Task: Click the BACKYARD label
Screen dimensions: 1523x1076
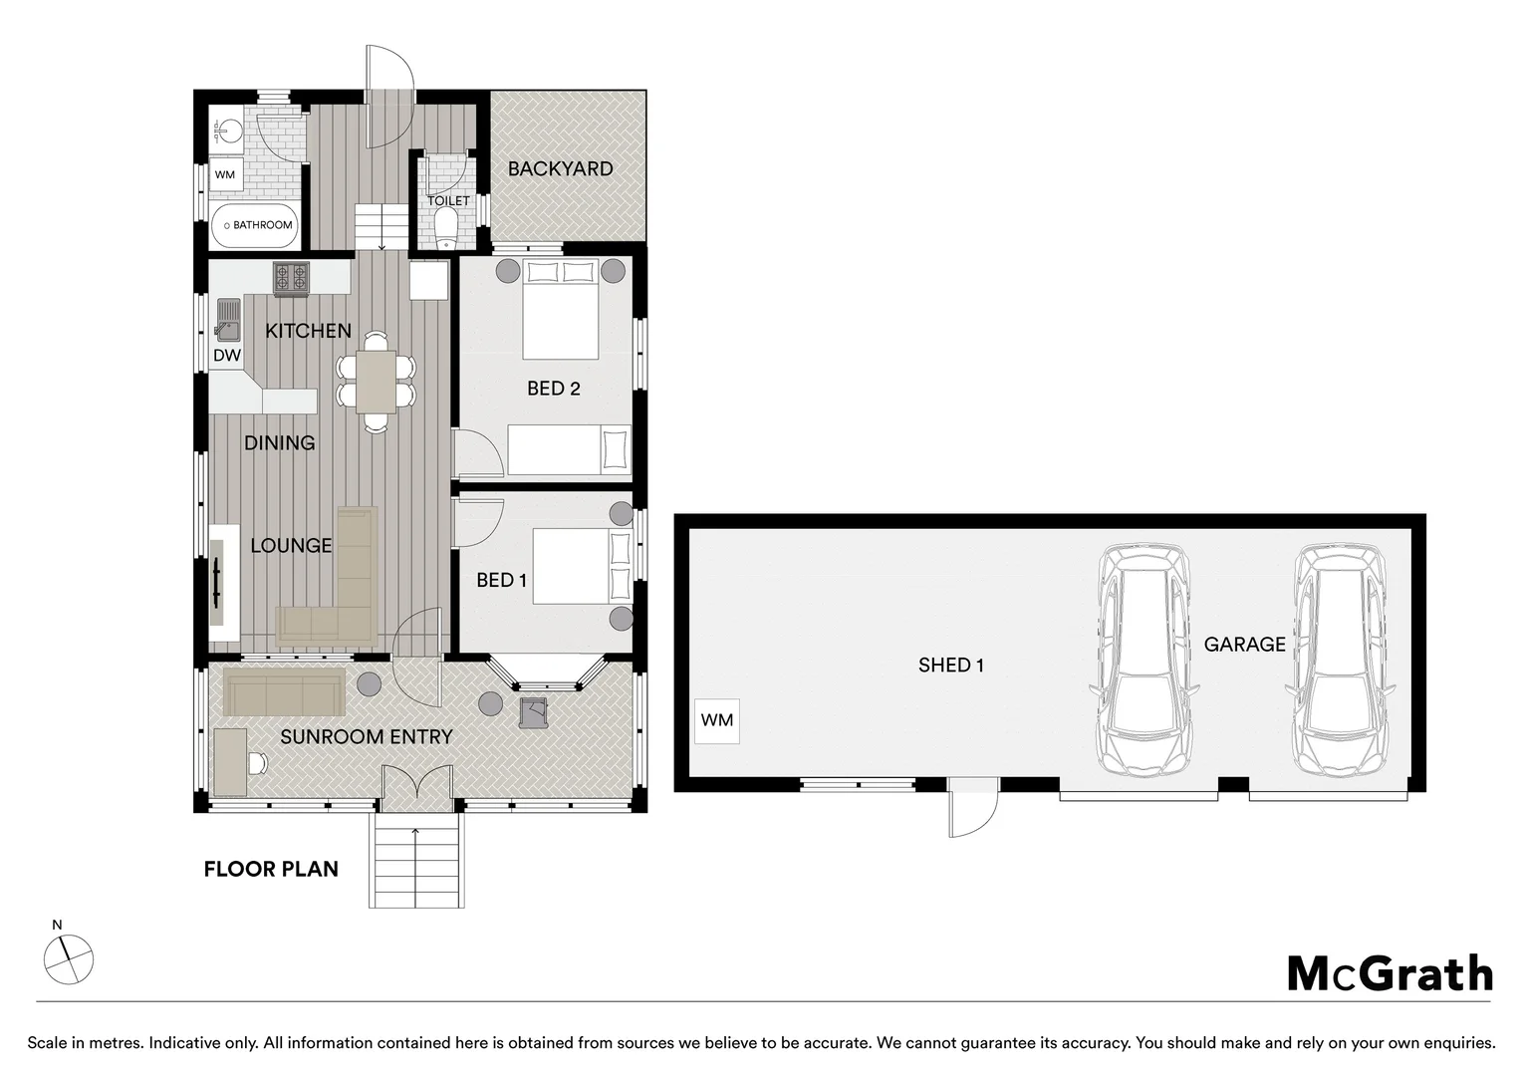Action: pyautogui.click(x=560, y=168)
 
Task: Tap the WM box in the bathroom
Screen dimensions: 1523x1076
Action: pyautogui.click(x=225, y=174)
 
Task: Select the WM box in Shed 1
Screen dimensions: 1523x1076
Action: pyautogui.click(x=716, y=720)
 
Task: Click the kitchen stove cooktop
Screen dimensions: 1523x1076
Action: pyautogui.click(x=291, y=279)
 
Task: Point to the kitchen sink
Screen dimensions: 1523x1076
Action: pyautogui.click(x=228, y=320)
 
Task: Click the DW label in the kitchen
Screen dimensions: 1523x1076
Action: pyautogui.click(x=227, y=355)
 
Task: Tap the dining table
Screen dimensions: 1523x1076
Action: pyautogui.click(x=376, y=382)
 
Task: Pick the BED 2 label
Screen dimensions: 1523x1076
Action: pyautogui.click(x=554, y=389)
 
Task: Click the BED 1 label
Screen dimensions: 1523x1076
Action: pyautogui.click(x=501, y=580)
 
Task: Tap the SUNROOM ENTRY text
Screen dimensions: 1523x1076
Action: pyautogui.click(x=366, y=736)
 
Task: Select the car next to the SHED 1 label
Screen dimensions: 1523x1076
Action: pyautogui.click(x=1144, y=660)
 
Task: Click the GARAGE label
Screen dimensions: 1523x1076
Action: pyautogui.click(x=1244, y=644)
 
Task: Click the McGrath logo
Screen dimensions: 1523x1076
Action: pyautogui.click(x=1390, y=973)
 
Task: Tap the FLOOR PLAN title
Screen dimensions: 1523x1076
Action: pyautogui.click(x=271, y=869)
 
